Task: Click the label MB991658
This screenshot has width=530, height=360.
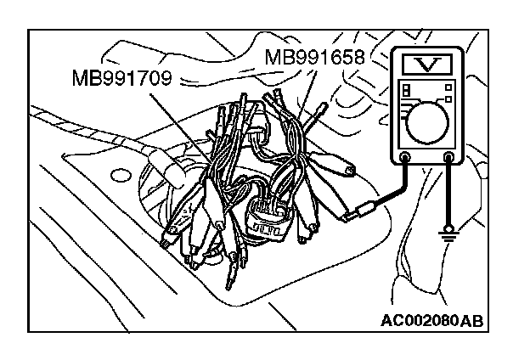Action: (314, 58)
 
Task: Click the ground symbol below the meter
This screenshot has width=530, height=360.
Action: (450, 232)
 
